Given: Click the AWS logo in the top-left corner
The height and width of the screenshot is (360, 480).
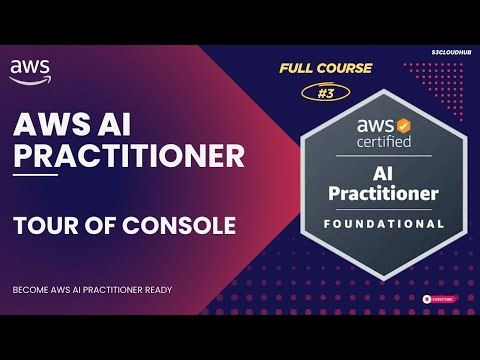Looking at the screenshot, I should click(x=30, y=69).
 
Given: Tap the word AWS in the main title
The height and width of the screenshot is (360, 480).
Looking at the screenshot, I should click(x=51, y=124).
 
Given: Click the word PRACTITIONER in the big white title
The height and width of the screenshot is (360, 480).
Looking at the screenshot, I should click(x=127, y=157).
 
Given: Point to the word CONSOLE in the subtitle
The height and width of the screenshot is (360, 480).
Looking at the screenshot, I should click(x=182, y=225).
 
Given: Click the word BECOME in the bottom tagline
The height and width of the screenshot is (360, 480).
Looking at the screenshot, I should click(x=30, y=290).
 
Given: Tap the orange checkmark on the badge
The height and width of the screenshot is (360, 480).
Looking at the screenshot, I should click(x=403, y=127).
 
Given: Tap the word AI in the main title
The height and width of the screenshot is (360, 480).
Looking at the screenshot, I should click(x=116, y=124).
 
